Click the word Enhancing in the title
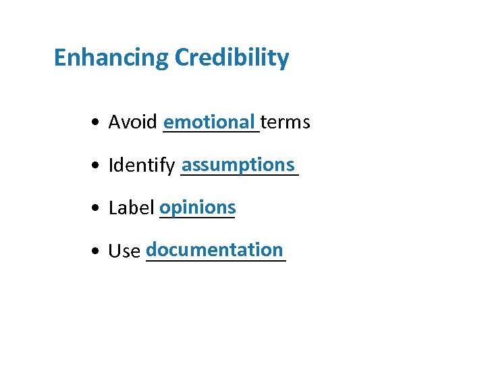tap(111, 58)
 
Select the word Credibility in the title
tap(232, 58)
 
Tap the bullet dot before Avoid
tap(99, 123)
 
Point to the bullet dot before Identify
tap(99, 166)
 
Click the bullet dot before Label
tap(99, 209)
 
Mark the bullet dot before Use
tap(99, 252)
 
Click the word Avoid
tap(133, 122)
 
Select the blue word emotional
tap(210, 122)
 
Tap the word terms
tap(286, 122)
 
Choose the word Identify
tap(142, 166)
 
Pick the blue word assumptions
tap(238, 165)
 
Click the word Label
tap(132, 208)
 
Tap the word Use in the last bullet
tap(124, 251)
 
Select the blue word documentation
tap(215, 249)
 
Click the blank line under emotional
tap(211, 133)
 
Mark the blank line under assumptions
tap(240, 176)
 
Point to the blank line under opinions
tap(196, 218)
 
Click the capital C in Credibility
tap(182, 58)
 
